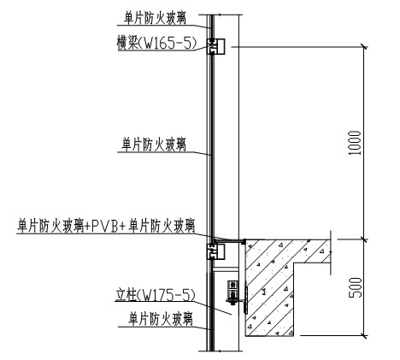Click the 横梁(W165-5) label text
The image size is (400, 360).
(x=157, y=44)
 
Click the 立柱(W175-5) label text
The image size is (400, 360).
(x=156, y=294)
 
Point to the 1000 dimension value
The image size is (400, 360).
(x=355, y=143)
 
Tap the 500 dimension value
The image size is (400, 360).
(x=356, y=287)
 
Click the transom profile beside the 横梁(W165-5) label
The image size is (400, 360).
(x=215, y=46)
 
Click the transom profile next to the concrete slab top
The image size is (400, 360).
(x=215, y=251)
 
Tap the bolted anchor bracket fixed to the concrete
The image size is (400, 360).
(x=234, y=292)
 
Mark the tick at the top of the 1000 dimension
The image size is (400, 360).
(x=363, y=47)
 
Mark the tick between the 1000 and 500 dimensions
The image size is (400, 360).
(x=363, y=239)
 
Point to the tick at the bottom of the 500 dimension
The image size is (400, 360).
(x=363, y=336)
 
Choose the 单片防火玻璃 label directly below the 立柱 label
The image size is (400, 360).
(x=161, y=319)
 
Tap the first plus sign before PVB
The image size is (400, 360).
(x=87, y=227)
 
